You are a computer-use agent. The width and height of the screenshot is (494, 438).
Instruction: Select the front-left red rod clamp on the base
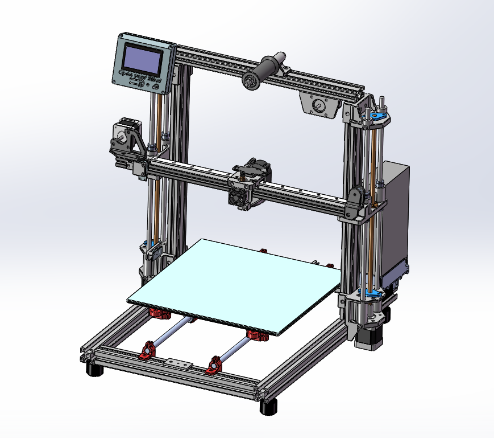(x=148, y=351)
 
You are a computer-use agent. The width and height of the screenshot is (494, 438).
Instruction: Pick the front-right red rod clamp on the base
(x=214, y=365)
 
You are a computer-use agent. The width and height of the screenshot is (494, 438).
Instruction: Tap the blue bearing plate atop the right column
(x=376, y=117)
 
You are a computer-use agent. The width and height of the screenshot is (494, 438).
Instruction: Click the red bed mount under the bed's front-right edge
(x=259, y=335)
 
